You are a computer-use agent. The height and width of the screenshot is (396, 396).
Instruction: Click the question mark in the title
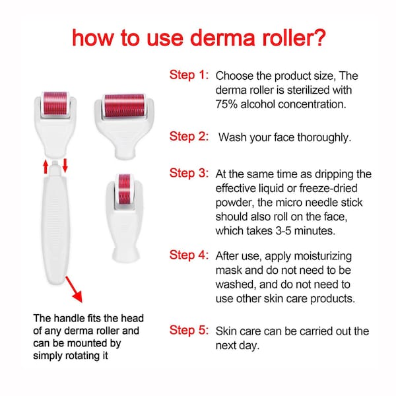319,38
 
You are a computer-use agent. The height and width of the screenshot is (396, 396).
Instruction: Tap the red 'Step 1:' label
189,75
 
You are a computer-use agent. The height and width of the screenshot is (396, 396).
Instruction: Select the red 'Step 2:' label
189,137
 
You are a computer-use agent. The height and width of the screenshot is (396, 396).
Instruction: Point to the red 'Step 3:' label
189,173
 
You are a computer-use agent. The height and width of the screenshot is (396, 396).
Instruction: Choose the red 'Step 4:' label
189,255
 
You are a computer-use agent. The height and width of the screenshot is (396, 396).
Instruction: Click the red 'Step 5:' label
189,330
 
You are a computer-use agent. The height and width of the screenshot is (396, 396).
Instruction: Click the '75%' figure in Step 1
226,104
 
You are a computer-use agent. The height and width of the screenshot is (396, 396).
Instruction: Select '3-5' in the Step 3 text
284,231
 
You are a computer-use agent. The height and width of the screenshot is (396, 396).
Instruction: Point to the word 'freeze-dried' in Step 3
328,188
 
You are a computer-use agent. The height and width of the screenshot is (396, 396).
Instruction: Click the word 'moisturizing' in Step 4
323,257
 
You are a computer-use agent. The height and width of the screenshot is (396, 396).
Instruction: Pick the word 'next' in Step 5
225,345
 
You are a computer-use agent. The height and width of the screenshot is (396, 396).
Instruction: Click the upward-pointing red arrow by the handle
46,166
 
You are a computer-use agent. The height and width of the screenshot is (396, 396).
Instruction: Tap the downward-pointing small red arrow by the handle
65,166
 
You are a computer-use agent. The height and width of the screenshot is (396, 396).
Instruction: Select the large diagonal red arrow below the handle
74,290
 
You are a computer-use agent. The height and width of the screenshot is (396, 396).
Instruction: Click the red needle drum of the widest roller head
124,106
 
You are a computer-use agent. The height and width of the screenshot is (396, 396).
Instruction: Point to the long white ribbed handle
55,225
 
